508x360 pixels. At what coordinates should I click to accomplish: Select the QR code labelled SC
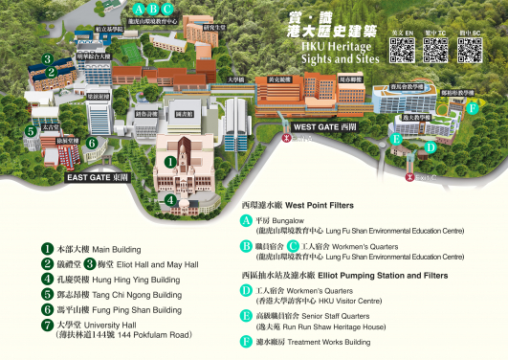(x=469, y=52)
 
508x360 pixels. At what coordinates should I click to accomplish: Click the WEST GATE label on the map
(x=323, y=125)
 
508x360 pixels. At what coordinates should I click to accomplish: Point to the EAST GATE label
(x=96, y=177)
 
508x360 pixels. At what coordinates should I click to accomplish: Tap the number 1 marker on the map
(x=170, y=161)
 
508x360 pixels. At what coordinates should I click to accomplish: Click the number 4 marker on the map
(x=170, y=200)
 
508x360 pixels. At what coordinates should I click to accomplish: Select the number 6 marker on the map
(x=91, y=143)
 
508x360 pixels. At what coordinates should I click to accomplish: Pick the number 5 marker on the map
(x=32, y=130)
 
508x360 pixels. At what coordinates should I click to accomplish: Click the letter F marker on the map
(x=472, y=107)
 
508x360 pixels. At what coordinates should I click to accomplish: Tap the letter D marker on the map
(x=431, y=147)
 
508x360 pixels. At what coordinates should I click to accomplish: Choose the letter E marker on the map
(x=395, y=139)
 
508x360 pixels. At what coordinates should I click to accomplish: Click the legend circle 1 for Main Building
(x=33, y=247)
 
